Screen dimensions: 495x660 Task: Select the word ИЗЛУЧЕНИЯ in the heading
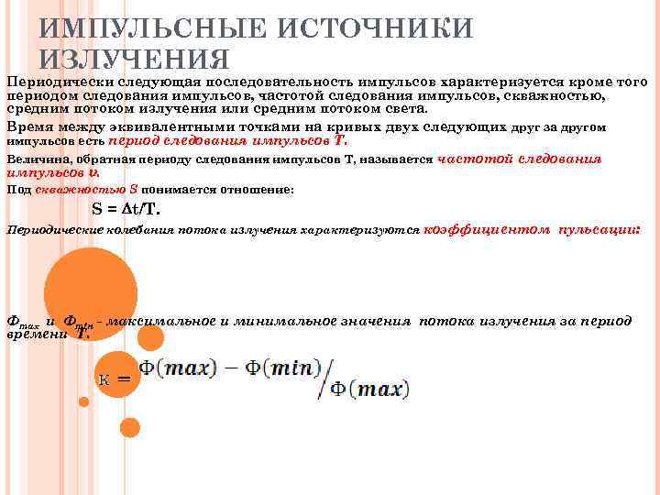coord(134,60)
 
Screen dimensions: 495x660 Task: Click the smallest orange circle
coord(84,401)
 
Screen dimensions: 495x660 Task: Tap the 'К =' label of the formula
coord(115,378)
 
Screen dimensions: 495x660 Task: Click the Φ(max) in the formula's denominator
coord(369,390)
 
